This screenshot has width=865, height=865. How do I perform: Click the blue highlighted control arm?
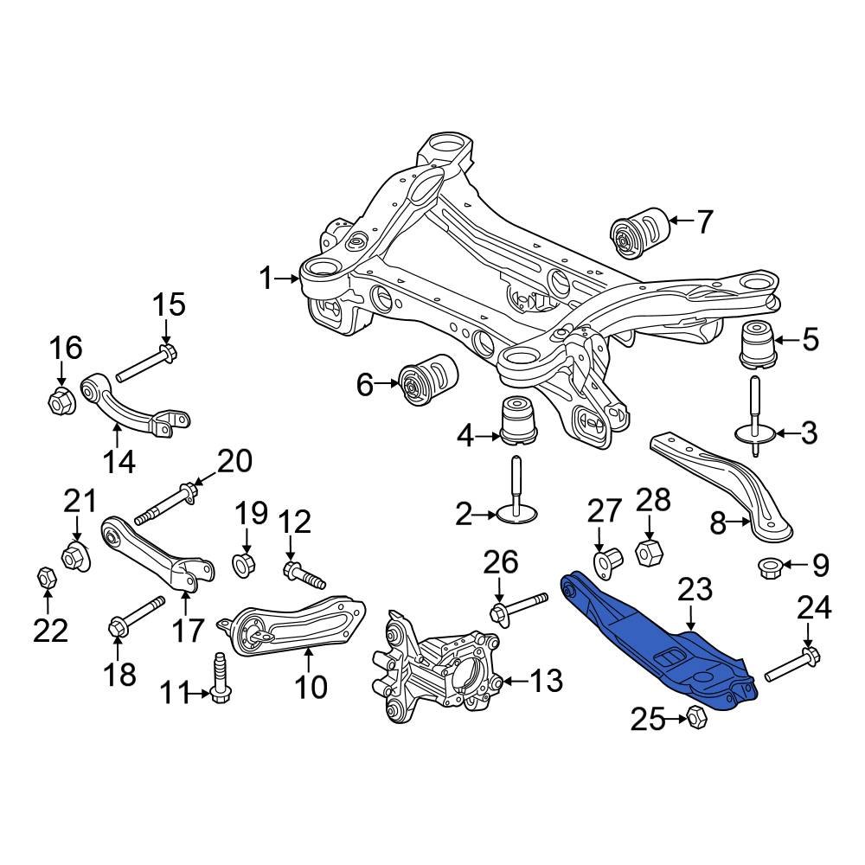click(657, 640)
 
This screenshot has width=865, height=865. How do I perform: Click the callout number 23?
click(695, 591)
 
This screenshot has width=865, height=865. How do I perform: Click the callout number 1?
click(266, 279)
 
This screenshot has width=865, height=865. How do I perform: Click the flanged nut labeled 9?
click(770, 567)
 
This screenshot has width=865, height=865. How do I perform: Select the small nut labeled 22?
click(46, 576)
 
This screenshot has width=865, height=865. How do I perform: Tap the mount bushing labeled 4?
click(519, 420)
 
